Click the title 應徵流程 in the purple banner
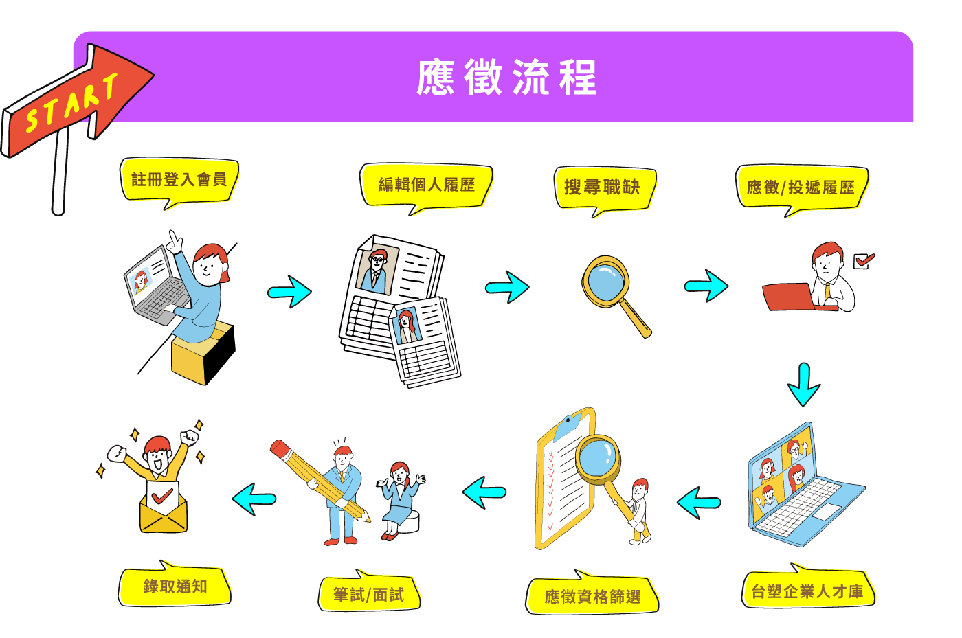pyautogui.click(x=506, y=77)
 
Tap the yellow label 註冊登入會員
pyautogui.click(x=179, y=180)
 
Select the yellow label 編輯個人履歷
pyautogui.click(x=426, y=185)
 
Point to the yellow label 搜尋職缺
pyautogui.click(x=603, y=187)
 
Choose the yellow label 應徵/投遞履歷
pyautogui.click(x=801, y=187)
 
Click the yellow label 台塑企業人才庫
pyautogui.click(x=807, y=591)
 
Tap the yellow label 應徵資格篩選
pyautogui.click(x=592, y=596)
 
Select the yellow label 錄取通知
pyautogui.click(x=175, y=586)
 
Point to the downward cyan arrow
pyautogui.click(x=803, y=385)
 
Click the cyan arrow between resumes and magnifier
pyautogui.click(x=507, y=287)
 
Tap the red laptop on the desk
pyautogui.click(x=790, y=297)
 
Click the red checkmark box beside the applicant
pyautogui.click(x=863, y=261)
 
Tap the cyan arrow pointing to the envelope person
pyautogui.click(x=254, y=498)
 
